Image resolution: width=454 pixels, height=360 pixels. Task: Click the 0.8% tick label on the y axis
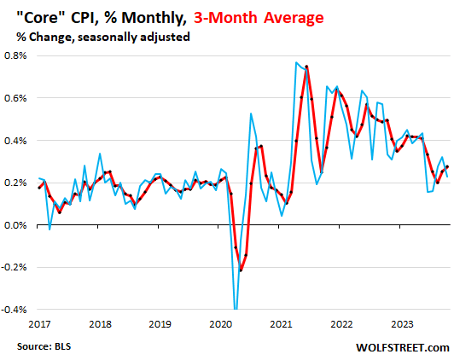[15, 55]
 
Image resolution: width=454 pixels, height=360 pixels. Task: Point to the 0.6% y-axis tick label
[15, 98]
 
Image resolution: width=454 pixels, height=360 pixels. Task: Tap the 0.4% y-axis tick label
[15, 141]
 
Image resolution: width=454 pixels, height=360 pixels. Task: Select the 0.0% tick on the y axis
[15, 225]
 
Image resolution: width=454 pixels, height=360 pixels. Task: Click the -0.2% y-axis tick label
[15, 267]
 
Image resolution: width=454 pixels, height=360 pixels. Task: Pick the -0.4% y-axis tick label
[15, 310]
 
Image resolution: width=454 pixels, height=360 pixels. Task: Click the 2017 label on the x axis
[38, 324]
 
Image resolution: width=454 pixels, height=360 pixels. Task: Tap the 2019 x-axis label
[161, 324]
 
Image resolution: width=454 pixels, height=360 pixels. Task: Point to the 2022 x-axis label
[342, 324]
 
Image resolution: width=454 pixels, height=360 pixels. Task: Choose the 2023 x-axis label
[402, 324]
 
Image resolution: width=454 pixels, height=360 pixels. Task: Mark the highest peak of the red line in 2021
[306, 67]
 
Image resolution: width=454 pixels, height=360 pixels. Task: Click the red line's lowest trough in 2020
[241, 270]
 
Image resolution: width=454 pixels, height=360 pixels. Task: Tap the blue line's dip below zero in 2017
[49, 229]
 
